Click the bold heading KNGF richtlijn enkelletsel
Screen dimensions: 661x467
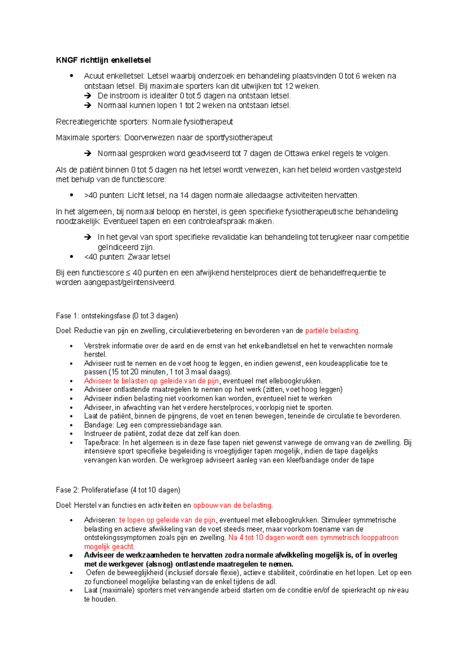(x=103, y=60)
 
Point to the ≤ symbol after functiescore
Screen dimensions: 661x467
(x=128, y=273)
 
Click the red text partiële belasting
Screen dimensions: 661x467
(x=332, y=331)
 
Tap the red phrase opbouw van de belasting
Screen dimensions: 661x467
(x=232, y=505)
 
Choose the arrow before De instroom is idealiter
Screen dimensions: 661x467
(x=88, y=96)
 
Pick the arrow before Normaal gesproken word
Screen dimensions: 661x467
(x=88, y=153)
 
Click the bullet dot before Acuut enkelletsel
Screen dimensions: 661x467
(x=71, y=76)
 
